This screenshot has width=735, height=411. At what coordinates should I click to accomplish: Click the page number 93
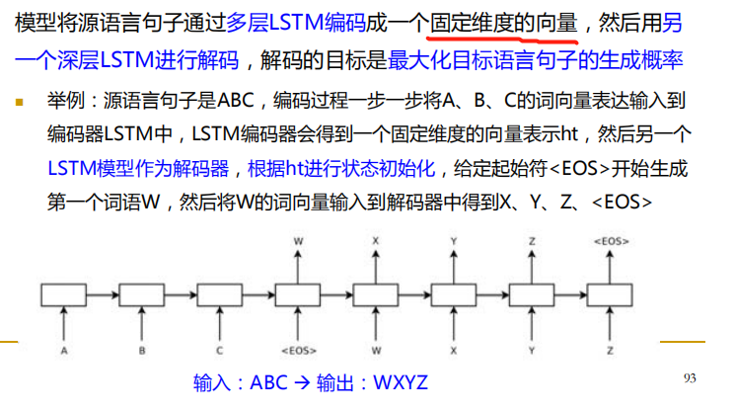pos(690,378)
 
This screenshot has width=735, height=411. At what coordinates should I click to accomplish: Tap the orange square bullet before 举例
pos(19,101)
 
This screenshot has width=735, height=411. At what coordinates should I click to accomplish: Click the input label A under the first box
pos(66,349)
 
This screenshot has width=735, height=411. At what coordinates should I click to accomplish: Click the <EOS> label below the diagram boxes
pos(297,349)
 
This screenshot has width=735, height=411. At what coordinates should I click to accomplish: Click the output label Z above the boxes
pos(534,240)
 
